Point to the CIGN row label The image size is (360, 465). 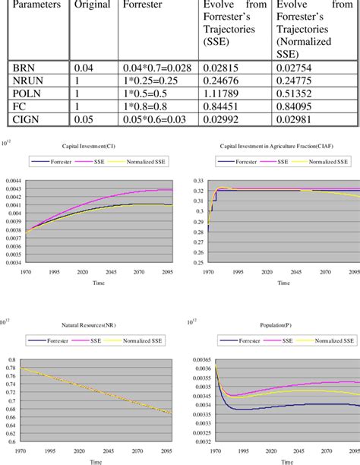click(27, 117)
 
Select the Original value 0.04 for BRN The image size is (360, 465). click(85, 68)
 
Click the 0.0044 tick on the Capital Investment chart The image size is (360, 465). click(14, 179)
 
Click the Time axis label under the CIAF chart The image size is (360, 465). click(283, 283)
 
